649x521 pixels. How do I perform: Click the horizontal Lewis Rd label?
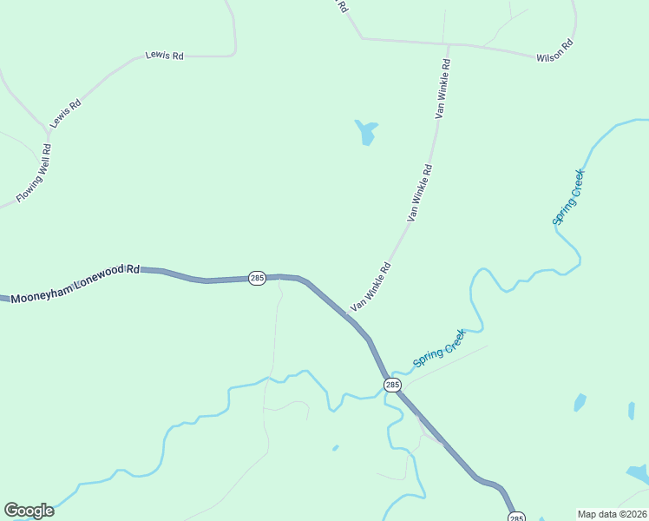click(165, 56)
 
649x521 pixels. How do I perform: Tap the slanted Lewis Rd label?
click(65, 114)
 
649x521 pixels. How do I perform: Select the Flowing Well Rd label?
click(34, 173)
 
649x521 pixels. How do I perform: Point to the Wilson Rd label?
click(554, 51)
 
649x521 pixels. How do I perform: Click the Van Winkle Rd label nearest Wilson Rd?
click(443, 88)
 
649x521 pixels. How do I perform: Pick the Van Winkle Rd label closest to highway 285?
click(371, 287)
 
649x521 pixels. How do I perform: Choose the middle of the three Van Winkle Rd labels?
click(418, 192)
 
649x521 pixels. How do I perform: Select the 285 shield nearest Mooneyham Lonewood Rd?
click(257, 278)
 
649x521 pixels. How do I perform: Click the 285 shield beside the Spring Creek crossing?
click(393, 385)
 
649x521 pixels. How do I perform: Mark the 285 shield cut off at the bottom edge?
click(516, 518)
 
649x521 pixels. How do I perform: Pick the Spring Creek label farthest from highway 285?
click(569, 197)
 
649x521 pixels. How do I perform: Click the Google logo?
click(29, 511)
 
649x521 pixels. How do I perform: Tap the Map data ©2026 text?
click(612, 514)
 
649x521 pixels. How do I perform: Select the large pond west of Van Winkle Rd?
click(367, 132)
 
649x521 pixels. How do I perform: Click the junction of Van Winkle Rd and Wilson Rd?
click(448, 43)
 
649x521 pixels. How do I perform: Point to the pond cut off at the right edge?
click(639, 474)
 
